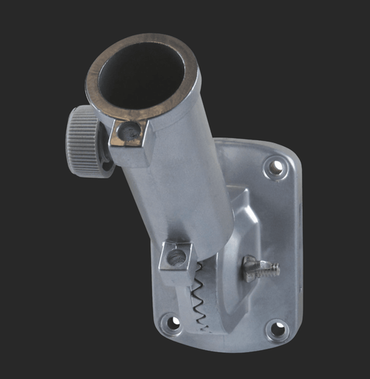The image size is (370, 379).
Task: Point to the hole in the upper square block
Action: point(129,131)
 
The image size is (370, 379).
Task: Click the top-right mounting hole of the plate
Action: point(275,168)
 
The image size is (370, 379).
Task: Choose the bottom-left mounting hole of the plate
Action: point(171,323)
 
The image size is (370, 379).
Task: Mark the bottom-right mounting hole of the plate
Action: point(277,330)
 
